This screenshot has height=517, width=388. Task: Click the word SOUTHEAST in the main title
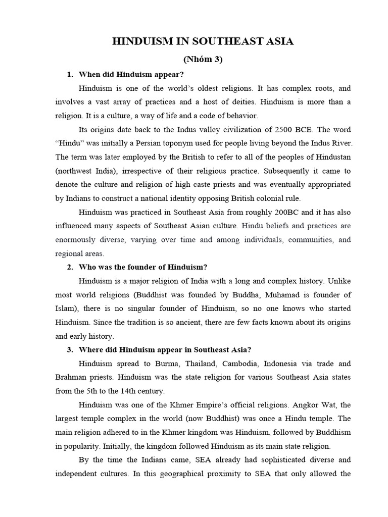230,41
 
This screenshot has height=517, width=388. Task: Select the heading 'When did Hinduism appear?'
131,75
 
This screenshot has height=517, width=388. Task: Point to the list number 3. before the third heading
70,349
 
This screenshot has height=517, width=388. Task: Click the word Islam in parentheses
66,308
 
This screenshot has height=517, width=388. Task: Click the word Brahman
72,377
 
